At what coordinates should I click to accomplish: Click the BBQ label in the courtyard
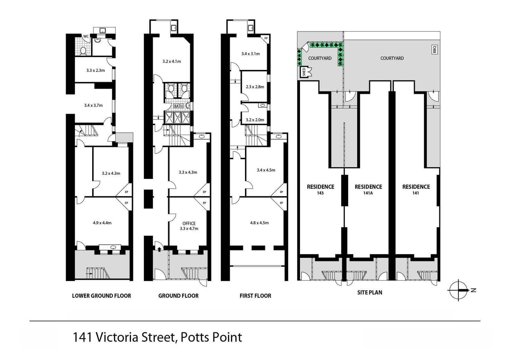pos(434,49)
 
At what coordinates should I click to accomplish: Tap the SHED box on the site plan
pos(304,72)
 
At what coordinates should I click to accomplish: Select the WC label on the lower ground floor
pos(86,36)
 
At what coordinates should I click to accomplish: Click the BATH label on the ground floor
pos(178,106)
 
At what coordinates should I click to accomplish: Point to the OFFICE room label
pos(189,224)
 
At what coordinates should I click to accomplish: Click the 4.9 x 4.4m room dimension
pos(102,223)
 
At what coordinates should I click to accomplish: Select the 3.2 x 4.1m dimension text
pos(172,62)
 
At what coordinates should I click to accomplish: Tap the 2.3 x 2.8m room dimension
pos(255,87)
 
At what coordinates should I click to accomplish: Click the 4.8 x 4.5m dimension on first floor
pos(259,223)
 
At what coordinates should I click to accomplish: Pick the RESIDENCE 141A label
pos(368,189)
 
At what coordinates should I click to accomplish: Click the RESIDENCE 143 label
pos(320,189)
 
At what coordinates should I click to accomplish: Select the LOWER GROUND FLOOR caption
pos(102,296)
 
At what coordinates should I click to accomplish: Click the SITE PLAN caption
pos(370,292)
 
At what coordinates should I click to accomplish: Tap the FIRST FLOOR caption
pos(255,296)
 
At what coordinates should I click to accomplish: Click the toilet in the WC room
pos(83,51)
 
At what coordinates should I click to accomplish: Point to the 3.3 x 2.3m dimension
pos(95,70)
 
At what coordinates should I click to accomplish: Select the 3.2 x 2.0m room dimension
pos(255,120)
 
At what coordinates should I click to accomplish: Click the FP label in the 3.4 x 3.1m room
pos(266,38)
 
